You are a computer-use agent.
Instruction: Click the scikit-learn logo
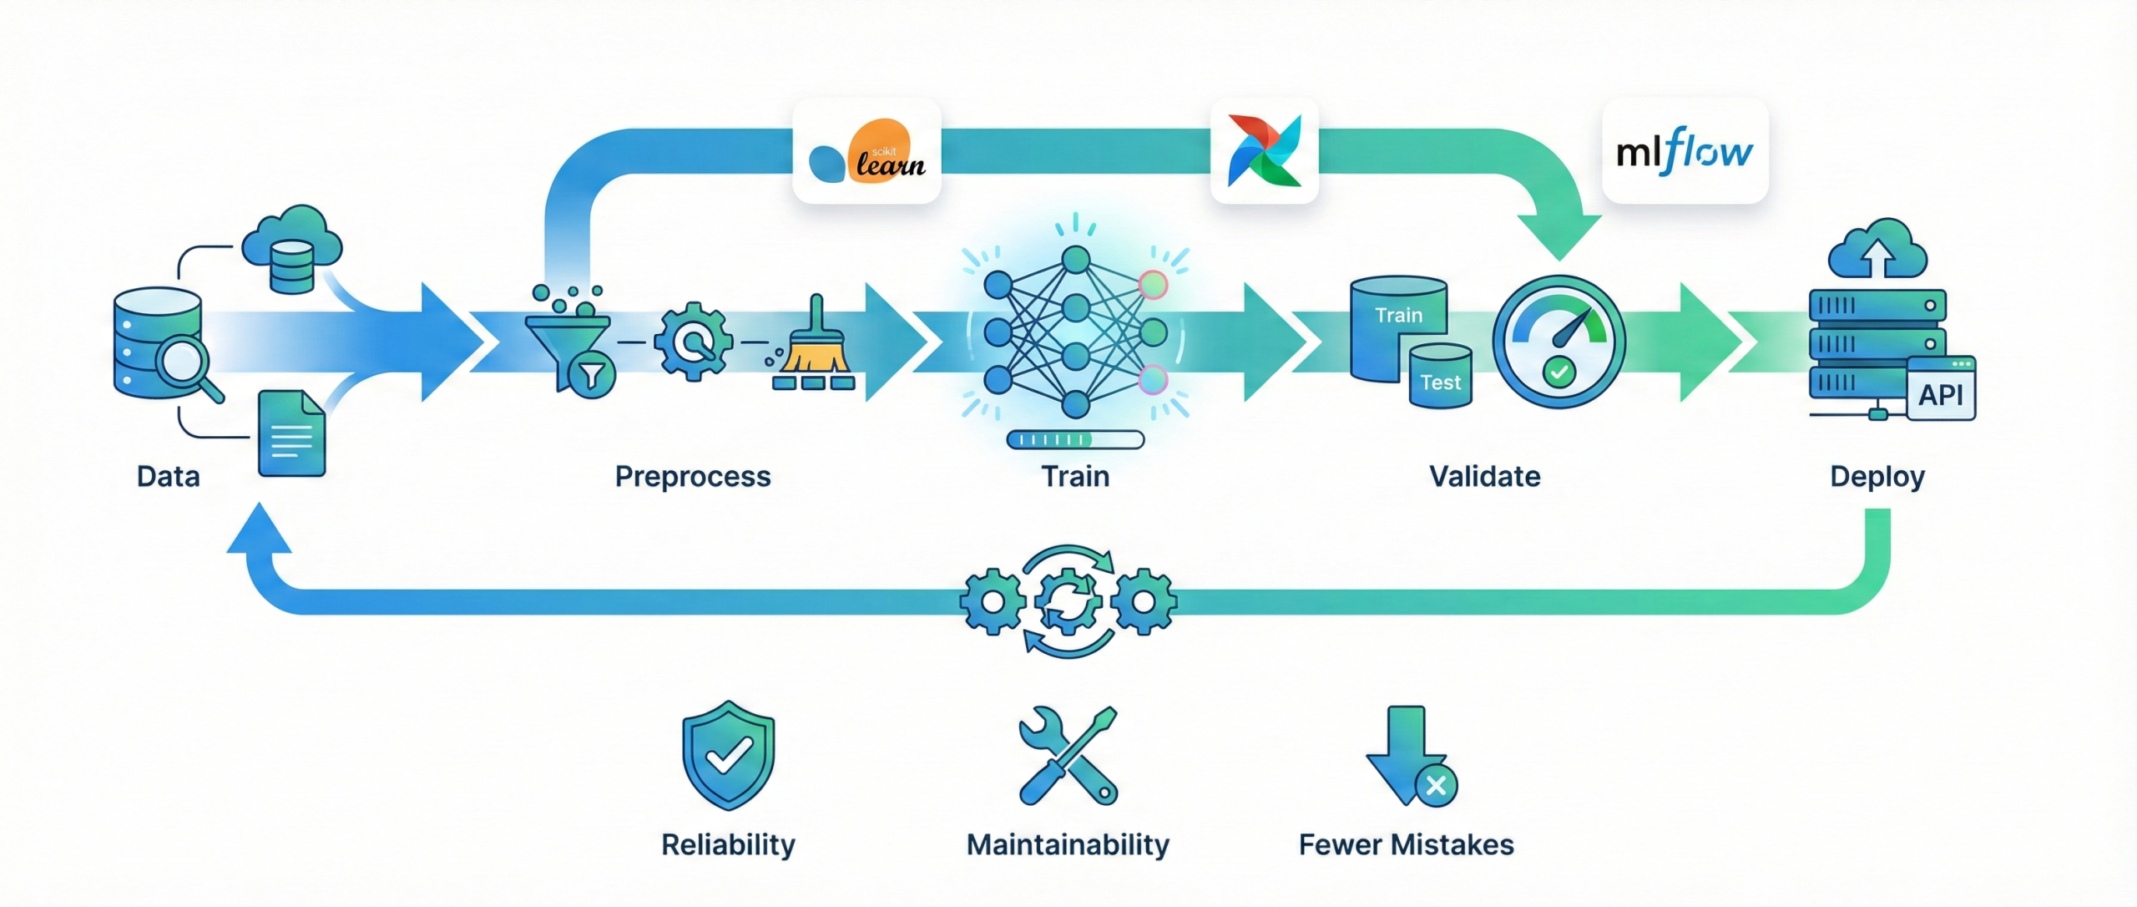pyautogui.click(x=866, y=153)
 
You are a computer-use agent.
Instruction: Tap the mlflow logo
pyautogui.click(x=1685, y=151)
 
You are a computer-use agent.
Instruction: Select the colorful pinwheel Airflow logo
pyautogui.click(x=1264, y=151)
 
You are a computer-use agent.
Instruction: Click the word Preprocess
pyautogui.click(x=692, y=476)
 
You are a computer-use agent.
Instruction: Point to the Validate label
pyautogui.click(x=1484, y=476)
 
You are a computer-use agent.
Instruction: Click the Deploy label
pyautogui.click(x=1877, y=476)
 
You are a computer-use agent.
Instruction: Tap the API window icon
pyautogui.click(x=1941, y=390)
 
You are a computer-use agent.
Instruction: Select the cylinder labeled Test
pyautogui.click(x=1440, y=377)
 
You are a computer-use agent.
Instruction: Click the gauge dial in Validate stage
pyautogui.click(x=1558, y=342)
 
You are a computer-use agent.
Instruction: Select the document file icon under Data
pyautogui.click(x=290, y=433)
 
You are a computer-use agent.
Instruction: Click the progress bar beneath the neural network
pyautogui.click(x=1075, y=439)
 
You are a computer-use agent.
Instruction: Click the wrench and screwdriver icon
pyautogui.click(x=1068, y=756)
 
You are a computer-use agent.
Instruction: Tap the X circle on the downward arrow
pyautogui.click(x=1436, y=785)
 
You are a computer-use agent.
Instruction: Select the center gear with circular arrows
pyautogui.click(x=1068, y=601)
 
